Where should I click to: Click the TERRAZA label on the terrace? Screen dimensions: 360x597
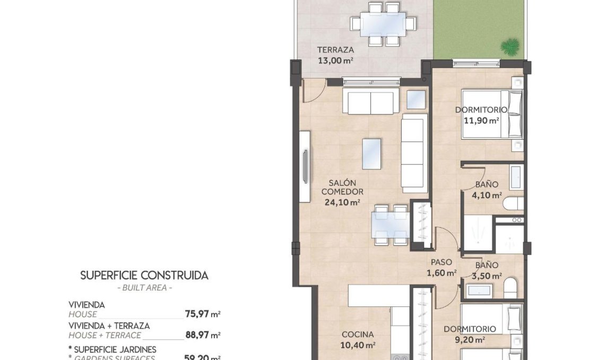335,50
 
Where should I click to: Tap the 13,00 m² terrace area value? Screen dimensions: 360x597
335,60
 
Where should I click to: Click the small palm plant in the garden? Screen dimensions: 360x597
510,47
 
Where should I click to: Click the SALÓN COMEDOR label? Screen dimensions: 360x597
342,187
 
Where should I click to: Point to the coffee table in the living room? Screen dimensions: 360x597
371,153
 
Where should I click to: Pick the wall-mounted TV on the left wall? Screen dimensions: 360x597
305,167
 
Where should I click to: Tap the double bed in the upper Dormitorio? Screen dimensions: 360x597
492,114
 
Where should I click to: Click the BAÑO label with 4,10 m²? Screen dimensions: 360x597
487,185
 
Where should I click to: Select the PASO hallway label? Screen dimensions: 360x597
441,262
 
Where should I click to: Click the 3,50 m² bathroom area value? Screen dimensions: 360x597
487,276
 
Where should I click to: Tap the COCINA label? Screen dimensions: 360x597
358,335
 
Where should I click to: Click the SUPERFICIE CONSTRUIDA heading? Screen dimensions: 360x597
144,275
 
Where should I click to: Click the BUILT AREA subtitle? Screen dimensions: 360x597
144,288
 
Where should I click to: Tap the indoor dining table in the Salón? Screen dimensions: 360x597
390,225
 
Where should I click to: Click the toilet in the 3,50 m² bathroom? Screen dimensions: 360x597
511,288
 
